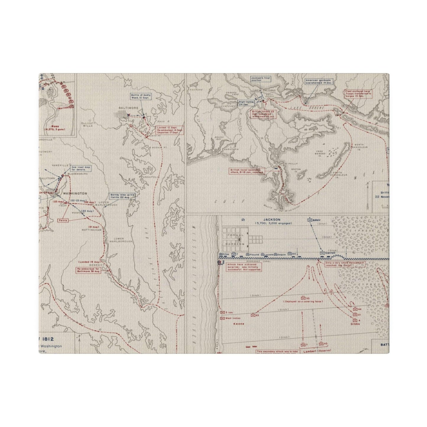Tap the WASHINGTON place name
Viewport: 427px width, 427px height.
click(75, 194)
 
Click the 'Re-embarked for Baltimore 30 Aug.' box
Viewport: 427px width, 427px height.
click(88, 270)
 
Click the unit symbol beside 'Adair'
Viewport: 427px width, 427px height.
click(309, 220)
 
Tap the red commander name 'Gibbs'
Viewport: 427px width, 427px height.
click(355, 324)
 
